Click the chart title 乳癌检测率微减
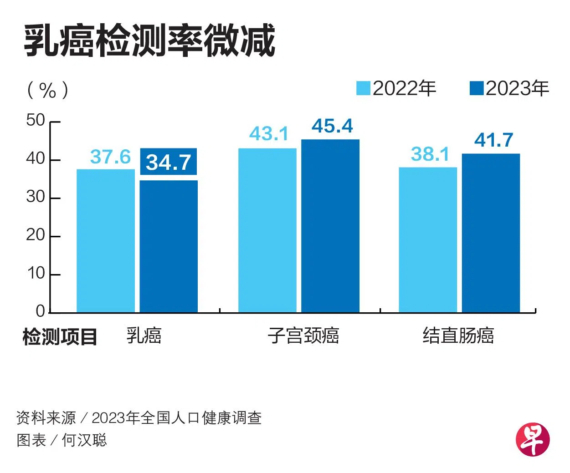[149, 41]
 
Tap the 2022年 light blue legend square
[363, 88]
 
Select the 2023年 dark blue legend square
[476, 88]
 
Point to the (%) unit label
[47, 90]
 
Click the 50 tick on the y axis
[36, 121]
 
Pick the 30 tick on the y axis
[36, 197]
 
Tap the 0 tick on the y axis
[40, 311]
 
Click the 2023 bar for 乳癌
[169, 246]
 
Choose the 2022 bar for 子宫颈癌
[267, 230]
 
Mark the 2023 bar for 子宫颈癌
[330, 225]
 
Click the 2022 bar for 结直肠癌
[428, 239]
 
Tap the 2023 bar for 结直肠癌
[491, 233]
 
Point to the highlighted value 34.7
[169, 162]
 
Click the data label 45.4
[332, 126]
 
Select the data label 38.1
[430, 154]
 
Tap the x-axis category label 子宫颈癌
[303, 336]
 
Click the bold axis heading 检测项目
[60, 337]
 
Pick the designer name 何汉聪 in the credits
[84, 440]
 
